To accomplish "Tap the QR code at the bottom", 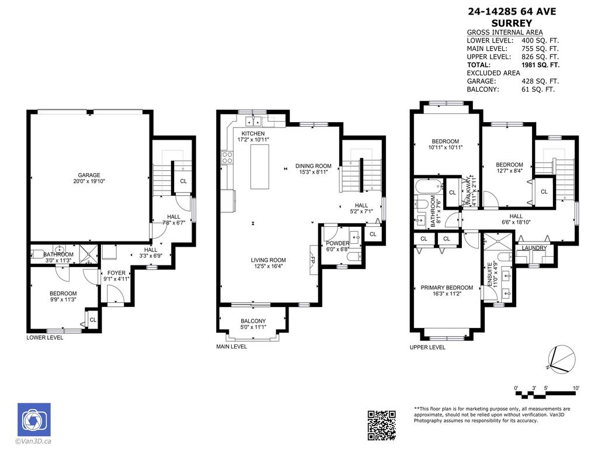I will click(x=381, y=424).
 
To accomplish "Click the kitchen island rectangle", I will click(x=262, y=167).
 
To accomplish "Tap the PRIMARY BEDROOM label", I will click(x=447, y=288).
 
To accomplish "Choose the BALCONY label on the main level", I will click(x=253, y=321).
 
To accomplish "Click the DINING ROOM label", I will click(x=313, y=165).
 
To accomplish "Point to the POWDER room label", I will click(x=338, y=243).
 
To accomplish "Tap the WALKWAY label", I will click(x=468, y=190).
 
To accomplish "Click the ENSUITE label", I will click(x=491, y=273).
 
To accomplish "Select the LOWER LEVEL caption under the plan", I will click(x=44, y=338).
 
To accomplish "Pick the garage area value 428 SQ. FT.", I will click(x=540, y=81).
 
